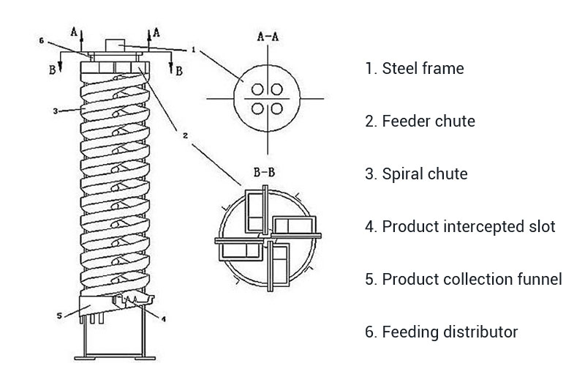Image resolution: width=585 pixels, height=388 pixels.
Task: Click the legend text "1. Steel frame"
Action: point(414,69)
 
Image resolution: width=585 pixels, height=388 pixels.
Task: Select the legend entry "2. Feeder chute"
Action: point(420,122)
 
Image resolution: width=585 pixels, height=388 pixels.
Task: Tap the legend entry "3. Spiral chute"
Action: point(417,174)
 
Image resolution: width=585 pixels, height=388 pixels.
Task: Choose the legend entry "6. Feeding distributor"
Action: point(441,332)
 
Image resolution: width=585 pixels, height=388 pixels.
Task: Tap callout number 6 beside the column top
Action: point(42,40)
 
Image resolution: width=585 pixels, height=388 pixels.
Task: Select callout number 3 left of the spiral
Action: point(55,111)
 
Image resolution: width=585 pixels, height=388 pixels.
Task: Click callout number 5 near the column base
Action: point(58,317)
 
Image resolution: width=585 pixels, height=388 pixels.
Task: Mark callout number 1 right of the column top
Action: point(192,50)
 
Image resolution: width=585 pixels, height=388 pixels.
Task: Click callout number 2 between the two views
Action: point(185,135)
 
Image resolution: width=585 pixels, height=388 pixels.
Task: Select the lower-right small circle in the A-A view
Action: point(277,108)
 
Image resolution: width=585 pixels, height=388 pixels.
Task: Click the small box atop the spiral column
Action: point(115,45)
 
